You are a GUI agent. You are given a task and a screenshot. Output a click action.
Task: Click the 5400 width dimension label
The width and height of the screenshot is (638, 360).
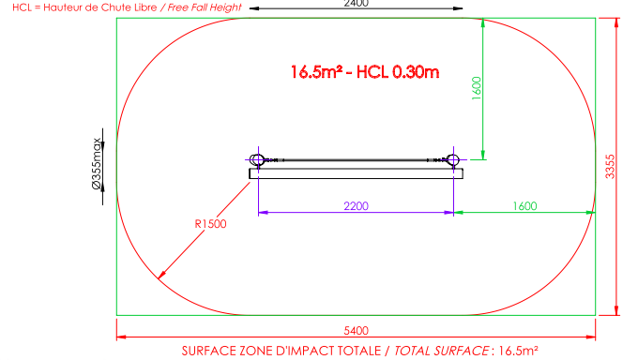click(356, 331)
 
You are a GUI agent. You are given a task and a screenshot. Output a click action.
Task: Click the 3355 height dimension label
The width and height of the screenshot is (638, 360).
click(610, 166)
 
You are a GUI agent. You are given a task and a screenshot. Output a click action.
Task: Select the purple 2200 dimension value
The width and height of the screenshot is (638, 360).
click(356, 206)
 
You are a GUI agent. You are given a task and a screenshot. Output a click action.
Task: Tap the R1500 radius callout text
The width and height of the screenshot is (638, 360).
click(210, 224)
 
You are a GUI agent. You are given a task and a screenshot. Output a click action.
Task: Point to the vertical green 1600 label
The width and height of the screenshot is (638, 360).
click(477, 88)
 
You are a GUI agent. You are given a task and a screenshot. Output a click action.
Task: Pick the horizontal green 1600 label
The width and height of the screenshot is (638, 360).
click(524, 206)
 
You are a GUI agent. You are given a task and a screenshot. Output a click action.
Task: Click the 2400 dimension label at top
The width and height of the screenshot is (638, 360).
click(356, 3)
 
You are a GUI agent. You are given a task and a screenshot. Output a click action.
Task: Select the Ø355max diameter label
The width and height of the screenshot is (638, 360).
click(97, 163)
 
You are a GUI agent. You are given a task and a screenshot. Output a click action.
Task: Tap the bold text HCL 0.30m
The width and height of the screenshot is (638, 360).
click(398, 72)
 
